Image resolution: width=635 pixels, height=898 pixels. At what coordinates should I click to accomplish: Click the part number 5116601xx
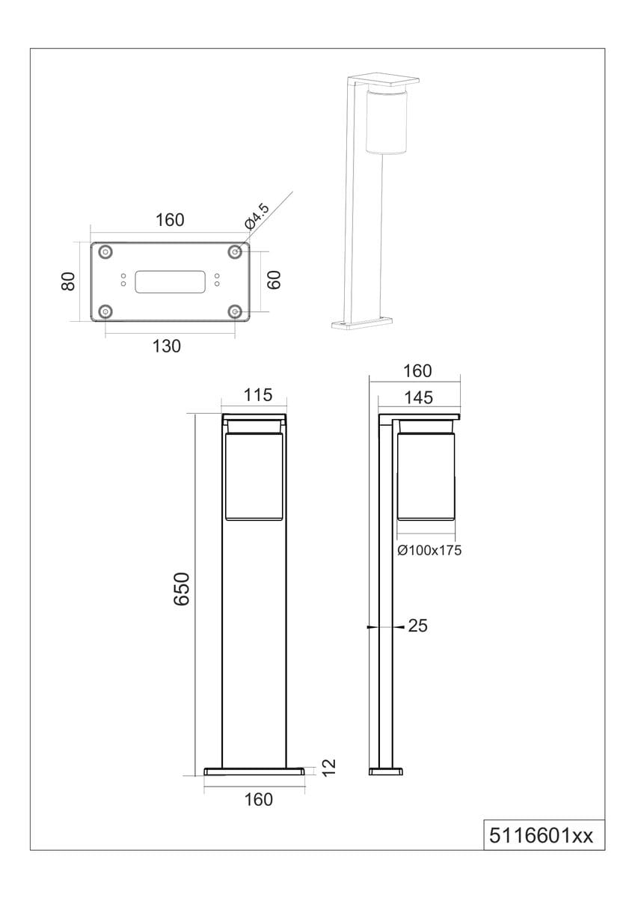(x=541, y=834)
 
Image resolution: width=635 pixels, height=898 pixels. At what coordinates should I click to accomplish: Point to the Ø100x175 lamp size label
(x=429, y=551)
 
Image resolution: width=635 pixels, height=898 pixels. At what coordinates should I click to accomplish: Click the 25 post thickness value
(x=418, y=626)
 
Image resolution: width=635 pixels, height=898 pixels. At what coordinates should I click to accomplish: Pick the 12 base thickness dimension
(x=328, y=767)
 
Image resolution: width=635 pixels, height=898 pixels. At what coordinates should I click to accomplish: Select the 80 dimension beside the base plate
(x=69, y=281)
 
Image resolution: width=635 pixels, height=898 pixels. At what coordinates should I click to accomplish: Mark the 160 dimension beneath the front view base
(x=258, y=799)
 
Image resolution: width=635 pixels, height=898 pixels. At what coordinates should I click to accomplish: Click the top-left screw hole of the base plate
(x=105, y=252)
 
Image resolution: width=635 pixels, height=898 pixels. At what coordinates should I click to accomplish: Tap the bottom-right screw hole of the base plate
(x=235, y=311)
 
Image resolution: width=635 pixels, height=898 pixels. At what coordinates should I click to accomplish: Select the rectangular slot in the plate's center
(x=170, y=281)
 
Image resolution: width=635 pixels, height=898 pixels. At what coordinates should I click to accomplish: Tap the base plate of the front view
(x=255, y=770)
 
